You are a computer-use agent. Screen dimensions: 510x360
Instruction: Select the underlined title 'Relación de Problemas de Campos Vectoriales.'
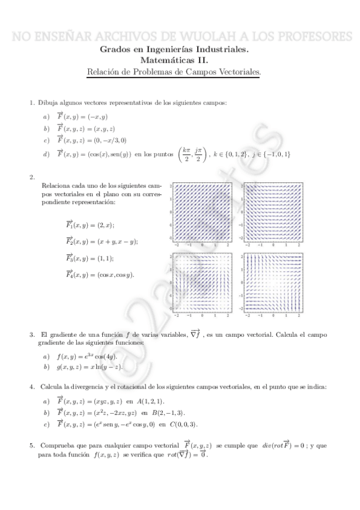pos(174,72)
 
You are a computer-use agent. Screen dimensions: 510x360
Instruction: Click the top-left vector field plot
pos(202,214)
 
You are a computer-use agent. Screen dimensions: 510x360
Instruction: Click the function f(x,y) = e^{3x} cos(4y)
pos(89,356)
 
